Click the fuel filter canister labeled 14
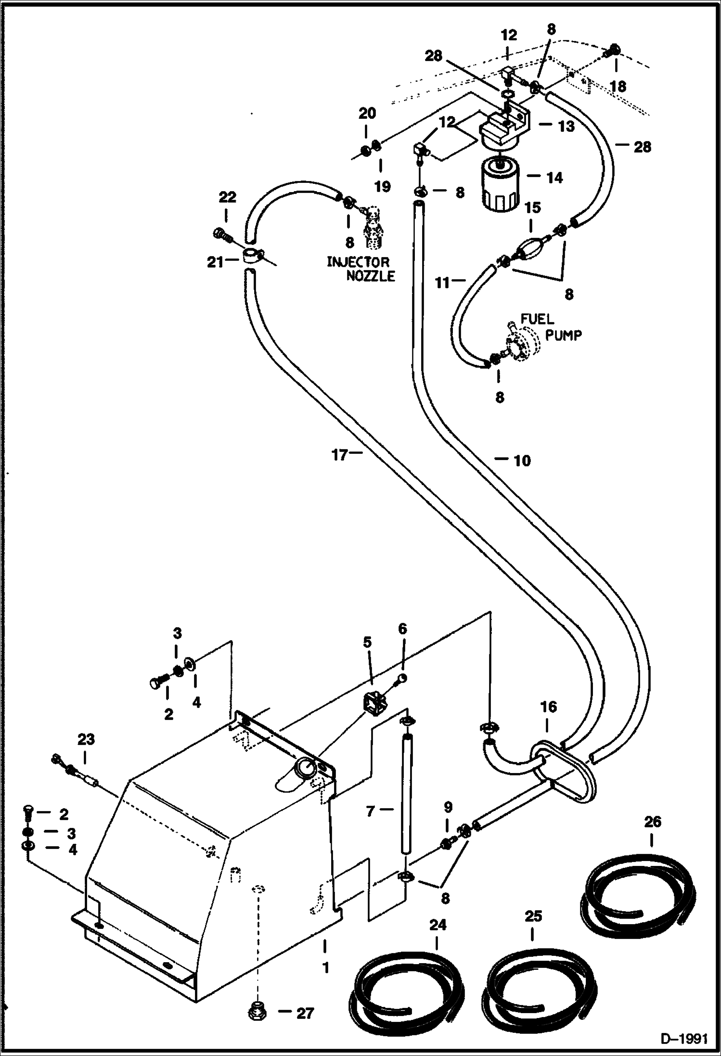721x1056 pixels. (x=501, y=185)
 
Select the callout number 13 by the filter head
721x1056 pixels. (x=566, y=127)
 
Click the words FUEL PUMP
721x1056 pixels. (x=551, y=327)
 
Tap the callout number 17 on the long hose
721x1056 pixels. (x=339, y=454)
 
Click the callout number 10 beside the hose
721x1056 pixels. (x=522, y=461)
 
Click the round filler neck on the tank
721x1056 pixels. (x=305, y=767)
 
